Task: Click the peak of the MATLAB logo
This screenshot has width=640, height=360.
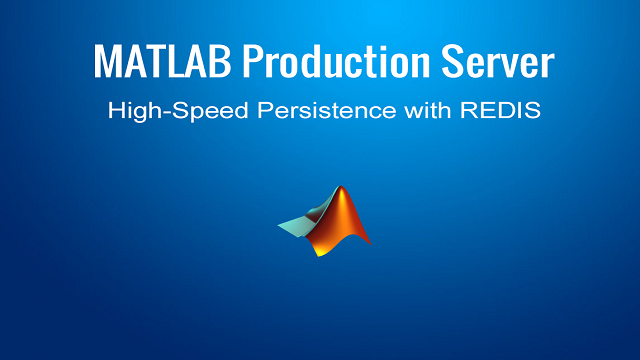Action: click(x=343, y=188)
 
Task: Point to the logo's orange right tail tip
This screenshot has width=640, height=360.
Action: click(x=367, y=244)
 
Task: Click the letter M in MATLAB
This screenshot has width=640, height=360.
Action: click(x=108, y=62)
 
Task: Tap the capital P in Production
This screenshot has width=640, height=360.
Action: click(x=254, y=62)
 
